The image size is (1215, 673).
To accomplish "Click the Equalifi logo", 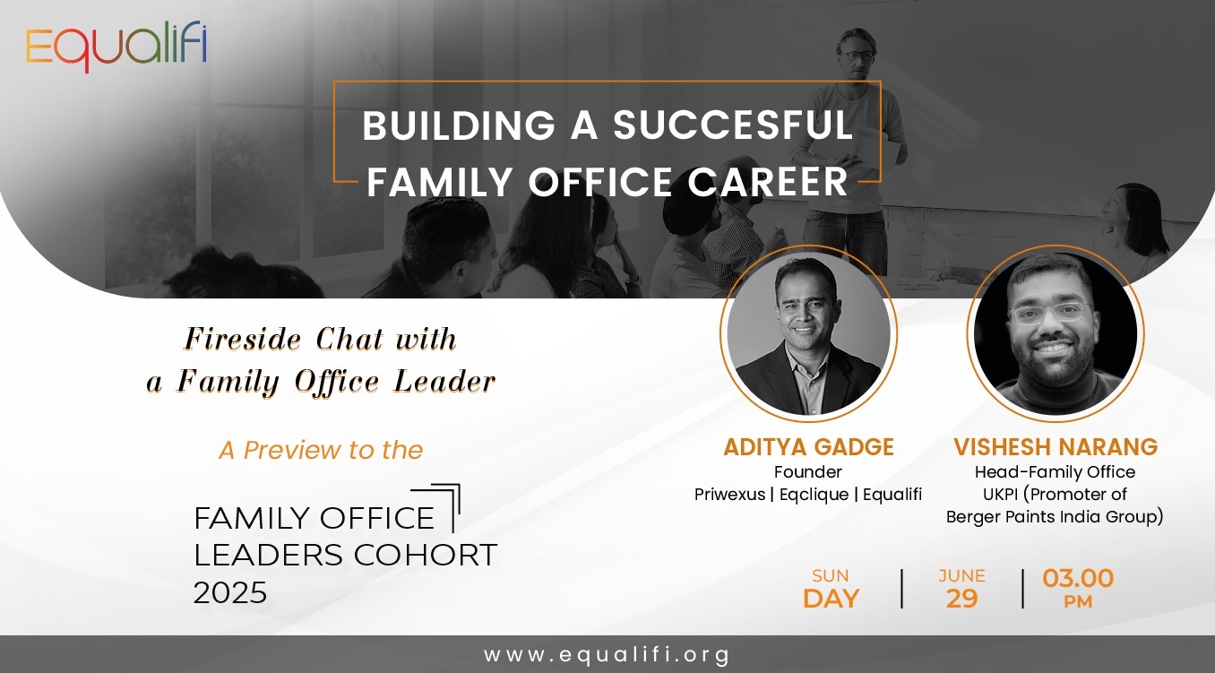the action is tap(116, 46).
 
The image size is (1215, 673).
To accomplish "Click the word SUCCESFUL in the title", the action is tap(733, 125).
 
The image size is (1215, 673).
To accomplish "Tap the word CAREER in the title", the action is tap(768, 182).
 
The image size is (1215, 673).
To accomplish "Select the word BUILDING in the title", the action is tap(459, 125).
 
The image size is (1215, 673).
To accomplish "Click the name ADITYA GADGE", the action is tap(808, 447).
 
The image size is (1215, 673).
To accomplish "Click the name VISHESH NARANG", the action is tap(1056, 447).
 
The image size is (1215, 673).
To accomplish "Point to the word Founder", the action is tap(807, 471).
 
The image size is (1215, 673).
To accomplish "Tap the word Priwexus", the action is tap(729, 495).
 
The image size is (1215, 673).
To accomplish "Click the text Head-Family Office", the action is tap(1055, 471).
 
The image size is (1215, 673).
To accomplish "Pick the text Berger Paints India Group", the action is tap(1052, 517).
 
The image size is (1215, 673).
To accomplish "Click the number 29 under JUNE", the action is tap(961, 599).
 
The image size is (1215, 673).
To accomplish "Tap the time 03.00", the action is tap(1078, 578).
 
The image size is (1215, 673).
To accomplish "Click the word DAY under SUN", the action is tap(831, 599).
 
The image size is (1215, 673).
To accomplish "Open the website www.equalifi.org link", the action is tap(607, 654).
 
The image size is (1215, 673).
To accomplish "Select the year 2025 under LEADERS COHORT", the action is tap(230, 592).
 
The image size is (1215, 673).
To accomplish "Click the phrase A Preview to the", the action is tap(321, 450).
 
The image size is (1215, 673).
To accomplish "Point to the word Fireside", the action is tap(243, 340).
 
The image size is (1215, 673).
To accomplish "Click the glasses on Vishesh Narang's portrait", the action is tap(1051, 313).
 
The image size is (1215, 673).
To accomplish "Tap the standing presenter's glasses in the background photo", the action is tap(859, 56).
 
